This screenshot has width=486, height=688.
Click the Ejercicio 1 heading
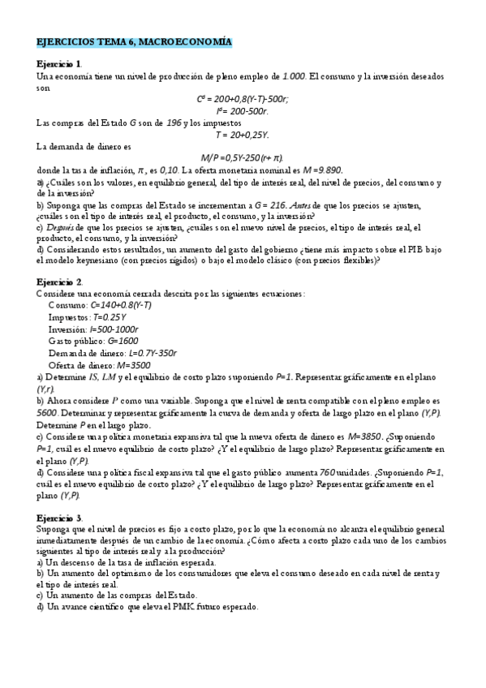click(x=59, y=63)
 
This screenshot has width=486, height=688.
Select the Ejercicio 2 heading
click(x=59, y=281)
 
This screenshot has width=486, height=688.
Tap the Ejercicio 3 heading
click(x=59, y=517)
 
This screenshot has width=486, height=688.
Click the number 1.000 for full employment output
click(x=293, y=75)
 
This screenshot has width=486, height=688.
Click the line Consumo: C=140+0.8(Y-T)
click(x=100, y=304)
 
